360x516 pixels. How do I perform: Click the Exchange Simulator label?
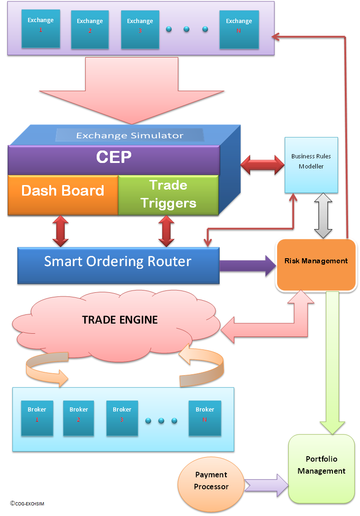point(129,135)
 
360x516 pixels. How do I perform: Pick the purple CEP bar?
point(114,158)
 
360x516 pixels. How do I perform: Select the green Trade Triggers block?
point(168,194)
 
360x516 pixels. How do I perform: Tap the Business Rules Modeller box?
point(311,164)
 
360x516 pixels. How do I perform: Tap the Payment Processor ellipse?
point(211,481)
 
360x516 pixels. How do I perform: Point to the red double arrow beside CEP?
point(263,165)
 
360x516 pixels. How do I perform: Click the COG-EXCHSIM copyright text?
point(27,504)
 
